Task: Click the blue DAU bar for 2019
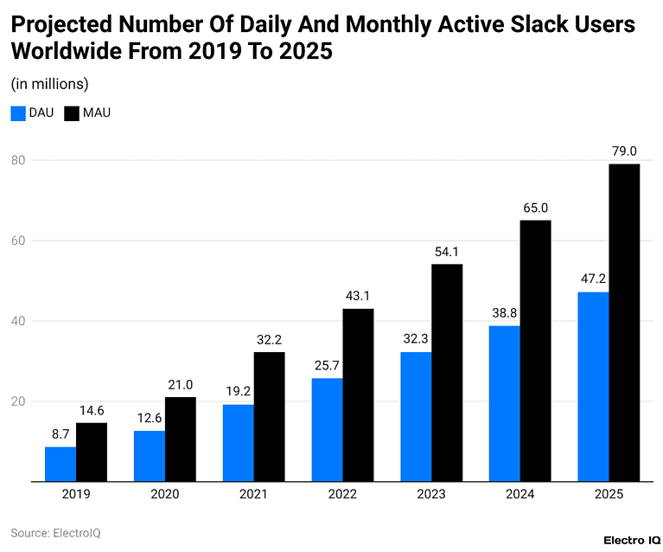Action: tap(61, 464)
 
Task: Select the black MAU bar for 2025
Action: tap(624, 322)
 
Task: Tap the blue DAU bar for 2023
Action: tap(416, 416)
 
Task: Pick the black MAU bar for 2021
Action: tap(269, 416)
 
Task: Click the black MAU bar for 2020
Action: tap(180, 439)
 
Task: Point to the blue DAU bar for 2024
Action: tap(505, 403)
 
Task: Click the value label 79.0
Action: tap(624, 151)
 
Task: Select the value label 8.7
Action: tap(61, 434)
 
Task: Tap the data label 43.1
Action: tap(358, 296)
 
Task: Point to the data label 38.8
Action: tap(505, 313)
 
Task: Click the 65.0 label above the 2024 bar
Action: tap(535, 208)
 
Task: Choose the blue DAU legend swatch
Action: tap(18, 112)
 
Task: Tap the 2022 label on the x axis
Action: tap(342, 494)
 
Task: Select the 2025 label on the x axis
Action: tap(609, 494)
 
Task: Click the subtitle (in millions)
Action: tap(49, 84)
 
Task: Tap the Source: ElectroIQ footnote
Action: tap(55, 533)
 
